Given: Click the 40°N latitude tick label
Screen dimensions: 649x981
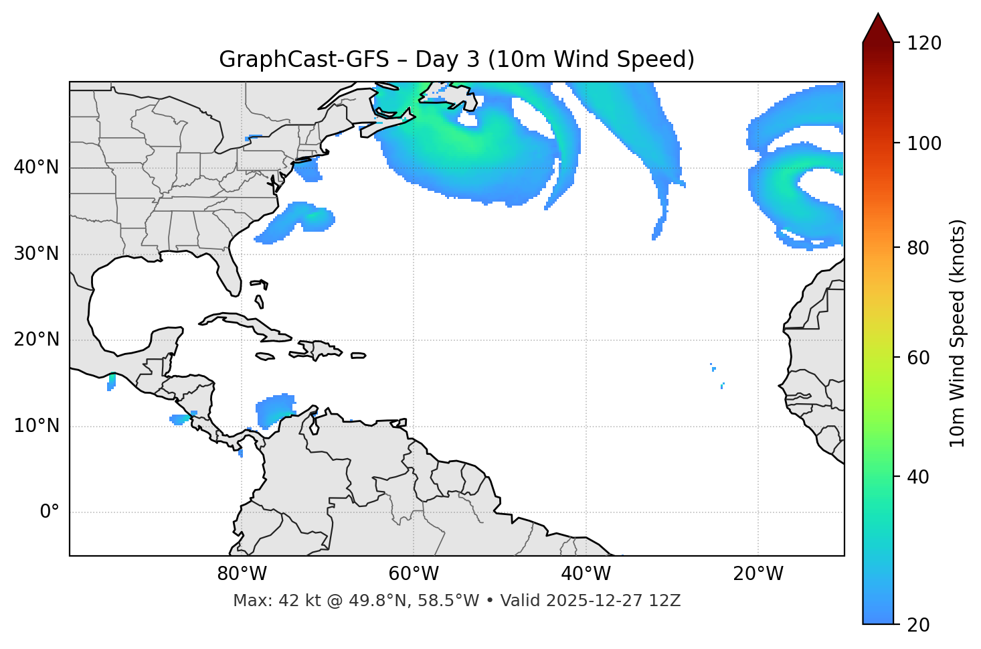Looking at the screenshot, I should click(36, 167).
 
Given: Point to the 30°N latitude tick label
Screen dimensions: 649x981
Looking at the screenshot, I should click(36, 254).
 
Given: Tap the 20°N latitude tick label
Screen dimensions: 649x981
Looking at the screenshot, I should click(36, 340).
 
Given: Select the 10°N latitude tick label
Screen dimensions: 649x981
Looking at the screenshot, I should click(36, 426).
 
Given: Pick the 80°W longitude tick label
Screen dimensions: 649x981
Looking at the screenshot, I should click(242, 574).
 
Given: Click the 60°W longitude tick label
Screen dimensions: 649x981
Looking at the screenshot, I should click(414, 574).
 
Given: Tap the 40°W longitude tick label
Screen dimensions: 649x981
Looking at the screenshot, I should click(586, 574).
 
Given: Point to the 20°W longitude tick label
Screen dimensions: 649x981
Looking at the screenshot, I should click(758, 574).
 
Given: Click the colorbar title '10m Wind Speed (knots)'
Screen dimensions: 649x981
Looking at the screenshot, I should click(958, 333).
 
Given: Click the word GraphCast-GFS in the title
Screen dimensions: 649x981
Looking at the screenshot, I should click(304, 60).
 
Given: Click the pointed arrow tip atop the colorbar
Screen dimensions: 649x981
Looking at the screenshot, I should click(878, 16).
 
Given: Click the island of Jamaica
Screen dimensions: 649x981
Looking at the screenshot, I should click(265, 356).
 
